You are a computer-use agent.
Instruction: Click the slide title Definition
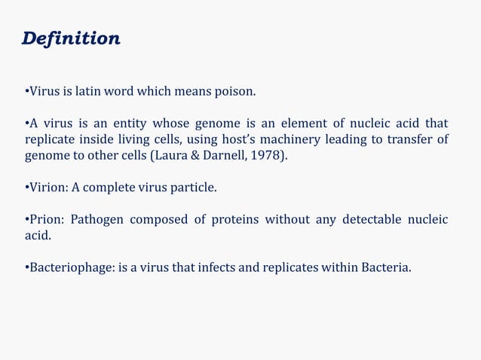[71, 38]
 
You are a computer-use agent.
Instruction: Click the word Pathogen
[97, 220]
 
